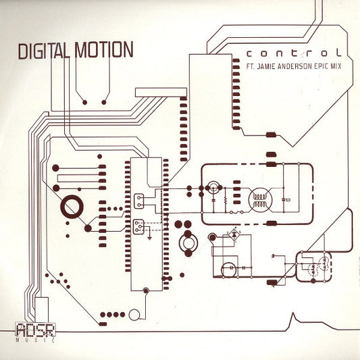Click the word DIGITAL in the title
point(44,51)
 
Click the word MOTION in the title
point(104,49)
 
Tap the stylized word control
point(294,53)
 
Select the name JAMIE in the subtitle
point(266,67)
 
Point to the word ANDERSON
point(294,67)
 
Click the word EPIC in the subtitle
point(320,66)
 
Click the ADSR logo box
point(36,330)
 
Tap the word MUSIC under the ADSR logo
point(36,340)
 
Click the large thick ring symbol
point(72,207)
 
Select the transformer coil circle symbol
point(260,200)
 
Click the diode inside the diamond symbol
point(234,234)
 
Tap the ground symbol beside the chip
point(150,238)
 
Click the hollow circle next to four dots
point(134,315)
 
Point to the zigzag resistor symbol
point(226,201)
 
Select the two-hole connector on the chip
point(139,201)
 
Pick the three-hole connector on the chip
point(138,227)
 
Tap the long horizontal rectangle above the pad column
point(161,93)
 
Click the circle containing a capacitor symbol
point(229,269)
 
